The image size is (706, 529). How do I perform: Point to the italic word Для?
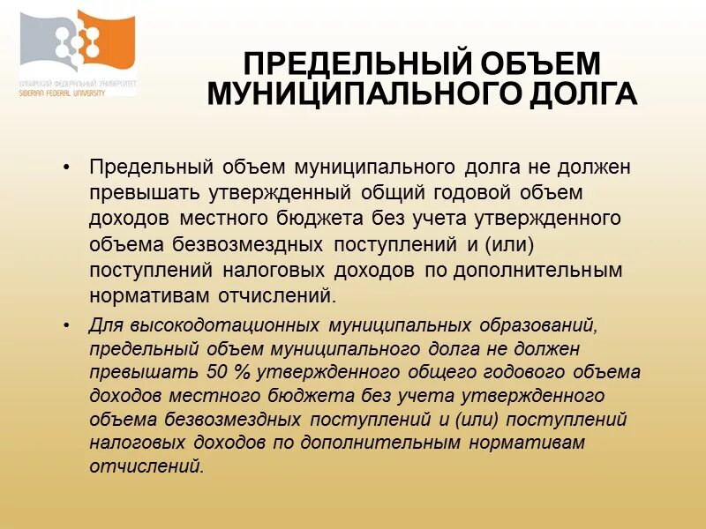coord(106,325)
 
